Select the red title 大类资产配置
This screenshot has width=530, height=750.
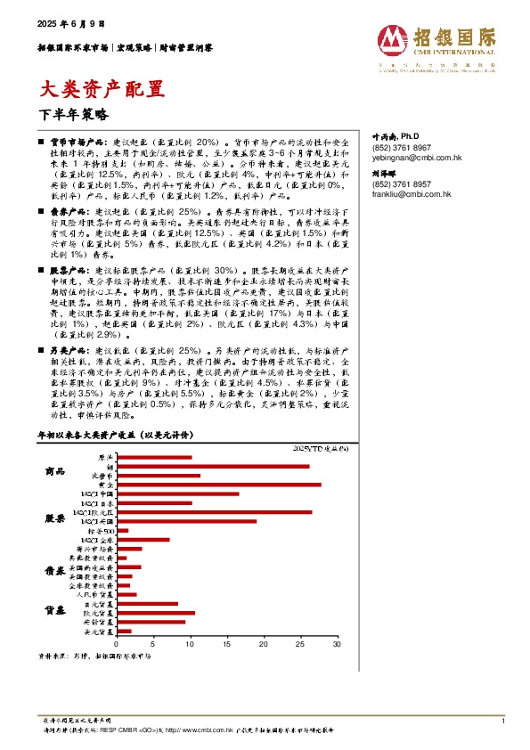[104, 88]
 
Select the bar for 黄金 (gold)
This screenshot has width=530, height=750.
[218, 485]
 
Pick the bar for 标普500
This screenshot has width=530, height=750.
[122, 531]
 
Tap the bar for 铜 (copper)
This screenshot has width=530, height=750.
[213, 466]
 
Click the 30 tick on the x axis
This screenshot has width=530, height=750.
[337, 643]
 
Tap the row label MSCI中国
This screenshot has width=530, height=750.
[97, 493]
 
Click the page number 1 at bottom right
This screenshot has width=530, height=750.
[504, 720]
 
